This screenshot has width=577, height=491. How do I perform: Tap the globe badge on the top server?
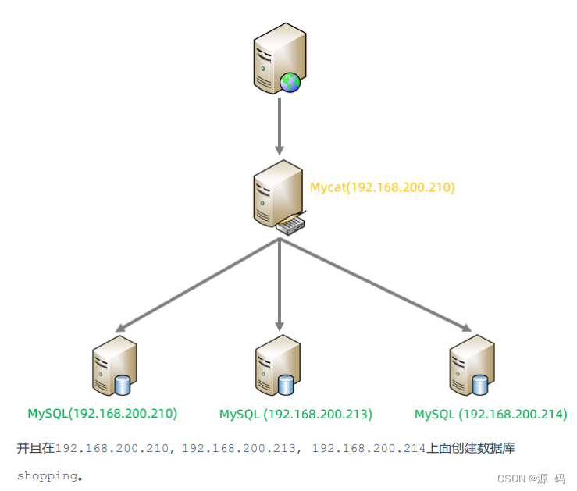pos(290,81)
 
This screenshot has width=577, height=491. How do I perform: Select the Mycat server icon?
pos(276,196)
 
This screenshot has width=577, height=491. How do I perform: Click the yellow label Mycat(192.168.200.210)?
pos(382,187)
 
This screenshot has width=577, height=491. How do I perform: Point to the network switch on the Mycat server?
pos(290,225)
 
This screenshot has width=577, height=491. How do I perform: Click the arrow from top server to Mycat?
pos(279,125)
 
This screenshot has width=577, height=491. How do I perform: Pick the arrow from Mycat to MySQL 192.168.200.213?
pos(279,285)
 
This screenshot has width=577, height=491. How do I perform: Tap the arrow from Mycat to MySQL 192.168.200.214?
pos(375,285)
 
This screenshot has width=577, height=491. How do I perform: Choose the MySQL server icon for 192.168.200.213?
pos(277,365)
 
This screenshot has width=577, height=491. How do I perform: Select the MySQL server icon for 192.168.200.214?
pos(471,365)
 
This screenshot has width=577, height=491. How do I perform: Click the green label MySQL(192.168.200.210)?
pos(102,413)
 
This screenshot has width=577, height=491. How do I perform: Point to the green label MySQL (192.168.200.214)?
pos(490,414)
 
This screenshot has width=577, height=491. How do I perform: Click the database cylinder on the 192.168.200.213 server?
pos(286,384)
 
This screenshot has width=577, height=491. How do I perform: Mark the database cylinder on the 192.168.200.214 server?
pos(479,384)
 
